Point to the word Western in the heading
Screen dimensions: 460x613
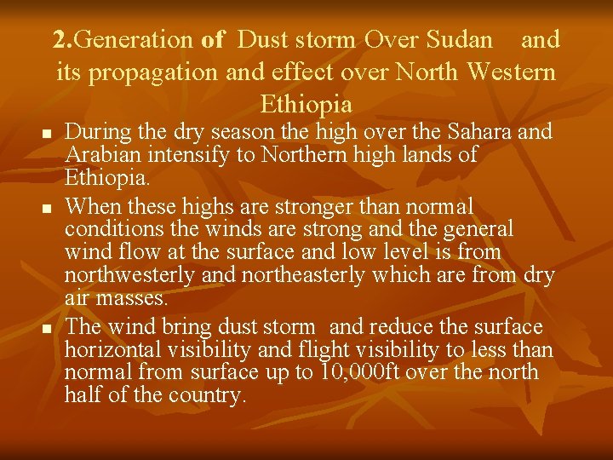click(511, 72)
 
